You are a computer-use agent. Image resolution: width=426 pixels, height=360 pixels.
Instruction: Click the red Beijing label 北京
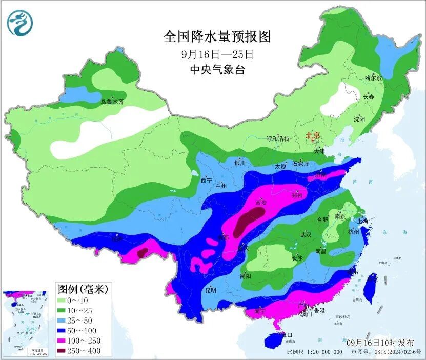(x=313, y=135)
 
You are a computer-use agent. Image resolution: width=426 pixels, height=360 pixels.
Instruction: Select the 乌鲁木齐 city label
(x=112, y=102)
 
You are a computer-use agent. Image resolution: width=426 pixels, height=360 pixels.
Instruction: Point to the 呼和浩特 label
(x=278, y=138)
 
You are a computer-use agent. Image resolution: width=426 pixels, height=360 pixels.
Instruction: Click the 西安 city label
(x=263, y=203)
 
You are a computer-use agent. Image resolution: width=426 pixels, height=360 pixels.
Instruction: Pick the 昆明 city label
(x=210, y=290)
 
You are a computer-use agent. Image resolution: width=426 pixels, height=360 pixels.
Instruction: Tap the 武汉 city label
(x=306, y=235)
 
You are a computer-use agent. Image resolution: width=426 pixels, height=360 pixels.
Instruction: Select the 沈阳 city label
(x=359, y=119)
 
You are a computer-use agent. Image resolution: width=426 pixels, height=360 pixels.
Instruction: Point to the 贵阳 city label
(x=246, y=276)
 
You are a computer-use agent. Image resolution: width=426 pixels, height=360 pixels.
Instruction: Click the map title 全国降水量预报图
(x=216, y=36)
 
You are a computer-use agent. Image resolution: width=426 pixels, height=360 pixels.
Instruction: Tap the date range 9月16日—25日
(x=217, y=54)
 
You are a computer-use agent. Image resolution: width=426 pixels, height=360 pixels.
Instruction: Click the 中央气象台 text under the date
(x=217, y=70)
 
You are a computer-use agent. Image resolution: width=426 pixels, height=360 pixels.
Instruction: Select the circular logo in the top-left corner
(x=19, y=22)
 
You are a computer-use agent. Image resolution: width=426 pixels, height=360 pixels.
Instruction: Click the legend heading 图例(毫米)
(x=83, y=289)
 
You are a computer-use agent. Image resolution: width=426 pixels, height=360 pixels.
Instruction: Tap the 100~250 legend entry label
(x=87, y=341)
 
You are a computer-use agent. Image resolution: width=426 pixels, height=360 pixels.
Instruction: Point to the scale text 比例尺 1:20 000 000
(x=314, y=352)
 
